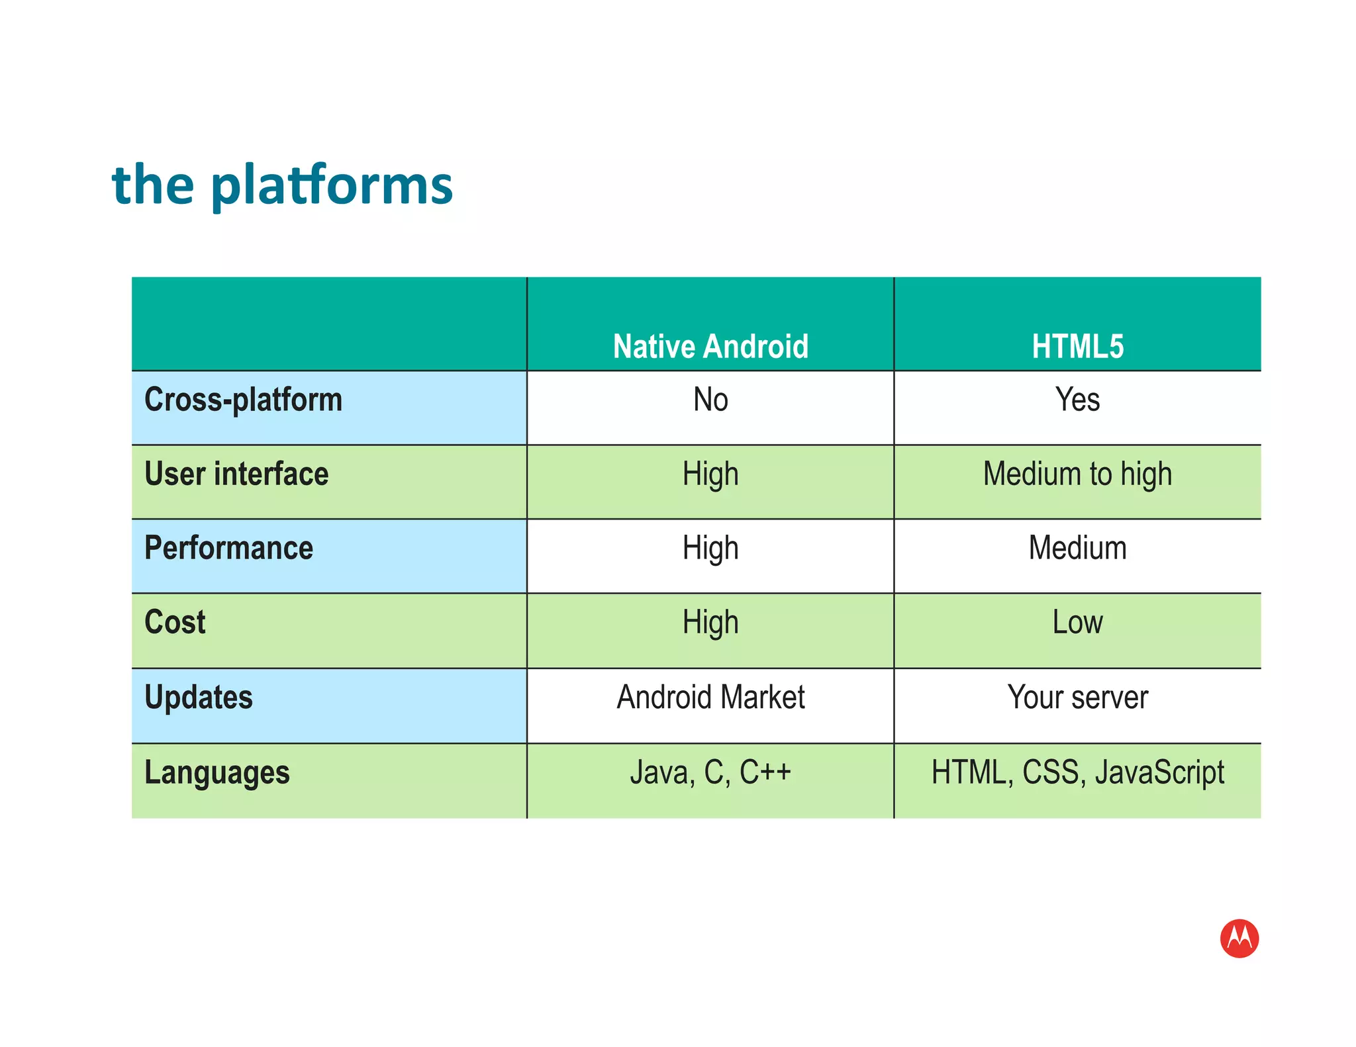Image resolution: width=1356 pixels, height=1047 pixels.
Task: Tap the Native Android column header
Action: click(x=710, y=346)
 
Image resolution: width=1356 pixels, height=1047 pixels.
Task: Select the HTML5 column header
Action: click(x=1077, y=346)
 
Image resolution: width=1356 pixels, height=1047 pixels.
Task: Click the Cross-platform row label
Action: click(x=243, y=400)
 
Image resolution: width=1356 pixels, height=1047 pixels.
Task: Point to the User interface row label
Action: click(x=236, y=474)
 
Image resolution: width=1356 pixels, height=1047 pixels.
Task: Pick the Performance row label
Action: click(x=228, y=548)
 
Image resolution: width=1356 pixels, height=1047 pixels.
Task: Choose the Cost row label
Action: click(x=175, y=622)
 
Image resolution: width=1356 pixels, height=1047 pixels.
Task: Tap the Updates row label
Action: click(x=199, y=697)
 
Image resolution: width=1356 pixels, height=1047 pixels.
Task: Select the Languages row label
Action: click(x=217, y=772)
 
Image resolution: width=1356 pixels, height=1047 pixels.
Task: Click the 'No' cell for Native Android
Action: click(x=710, y=400)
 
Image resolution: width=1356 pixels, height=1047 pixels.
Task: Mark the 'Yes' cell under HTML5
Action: click(x=1077, y=400)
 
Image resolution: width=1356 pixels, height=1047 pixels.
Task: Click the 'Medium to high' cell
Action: click(x=1077, y=474)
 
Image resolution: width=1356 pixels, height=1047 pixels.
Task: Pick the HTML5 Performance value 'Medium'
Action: click(x=1077, y=548)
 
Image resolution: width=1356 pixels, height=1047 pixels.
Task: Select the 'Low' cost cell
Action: click(x=1077, y=622)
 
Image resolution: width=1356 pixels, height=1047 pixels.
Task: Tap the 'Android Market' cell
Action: click(x=710, y=697)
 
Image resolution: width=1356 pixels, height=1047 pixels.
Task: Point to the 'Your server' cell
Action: click(x=1077, y=697)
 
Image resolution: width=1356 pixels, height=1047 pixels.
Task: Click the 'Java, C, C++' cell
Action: click(x=710, y=772)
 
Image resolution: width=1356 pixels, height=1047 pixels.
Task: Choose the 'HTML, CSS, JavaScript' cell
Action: click(x=1077, y=772)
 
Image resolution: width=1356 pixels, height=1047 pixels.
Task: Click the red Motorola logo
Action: click(x=1239, y=938)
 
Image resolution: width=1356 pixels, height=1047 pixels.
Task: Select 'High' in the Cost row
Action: click(x=710, y=622)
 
